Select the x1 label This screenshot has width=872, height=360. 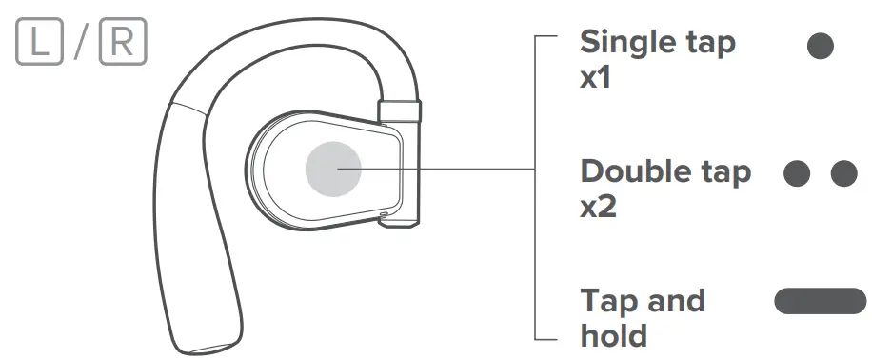coord(596,78)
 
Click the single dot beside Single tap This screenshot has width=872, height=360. coord(820,47)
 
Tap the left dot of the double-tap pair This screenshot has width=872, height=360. coord(797,173)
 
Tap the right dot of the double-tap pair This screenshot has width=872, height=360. coord(844,173)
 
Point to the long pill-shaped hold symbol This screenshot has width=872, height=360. coord(820,302)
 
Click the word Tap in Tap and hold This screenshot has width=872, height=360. coord(606,302)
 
